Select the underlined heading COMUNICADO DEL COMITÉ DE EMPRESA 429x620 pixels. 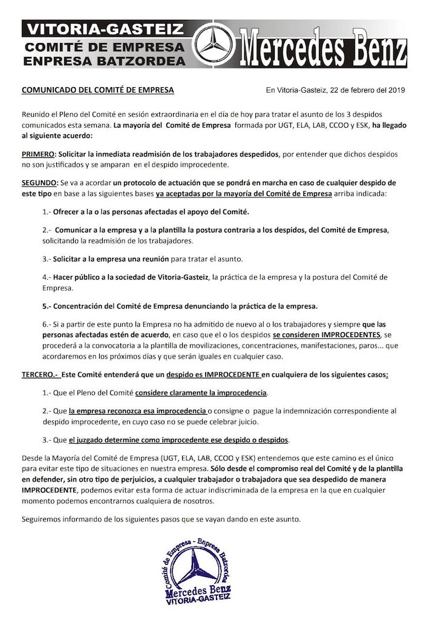tap(97, 90)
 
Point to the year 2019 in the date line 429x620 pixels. tap(395, 90)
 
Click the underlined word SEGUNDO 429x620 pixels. tap(39, 183)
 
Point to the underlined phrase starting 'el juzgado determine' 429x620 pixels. tap(178, 439)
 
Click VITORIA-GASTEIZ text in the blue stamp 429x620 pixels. tap(199, 602)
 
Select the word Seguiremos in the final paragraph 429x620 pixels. tap(43, 519)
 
